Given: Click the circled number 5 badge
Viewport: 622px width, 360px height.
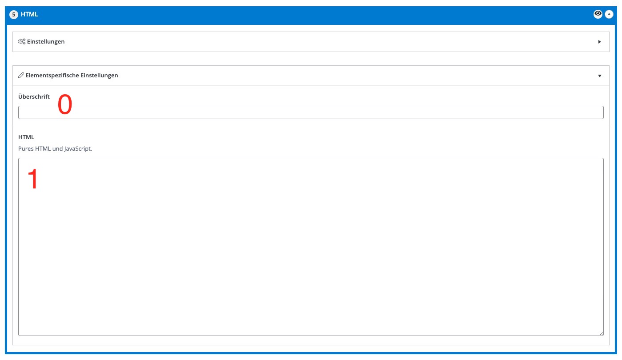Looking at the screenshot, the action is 14,14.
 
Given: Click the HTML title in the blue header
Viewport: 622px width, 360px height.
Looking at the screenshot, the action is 29,14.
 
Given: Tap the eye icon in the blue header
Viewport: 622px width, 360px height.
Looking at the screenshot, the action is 598,14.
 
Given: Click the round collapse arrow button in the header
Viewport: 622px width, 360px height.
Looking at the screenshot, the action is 609,14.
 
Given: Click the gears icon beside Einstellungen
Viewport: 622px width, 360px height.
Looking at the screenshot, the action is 22,42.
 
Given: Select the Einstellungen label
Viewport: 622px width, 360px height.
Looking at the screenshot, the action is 46,42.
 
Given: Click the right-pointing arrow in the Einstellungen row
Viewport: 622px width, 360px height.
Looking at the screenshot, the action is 599,42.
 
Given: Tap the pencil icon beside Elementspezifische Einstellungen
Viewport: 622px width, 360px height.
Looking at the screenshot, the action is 21,75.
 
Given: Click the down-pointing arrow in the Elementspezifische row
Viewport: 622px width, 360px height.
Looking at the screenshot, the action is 599,76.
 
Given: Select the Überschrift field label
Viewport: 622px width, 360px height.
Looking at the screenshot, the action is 34,96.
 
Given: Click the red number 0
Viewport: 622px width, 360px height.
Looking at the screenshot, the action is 65,104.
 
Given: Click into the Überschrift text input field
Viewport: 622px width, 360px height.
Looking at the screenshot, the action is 311,112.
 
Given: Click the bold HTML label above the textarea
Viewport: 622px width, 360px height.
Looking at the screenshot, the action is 26,137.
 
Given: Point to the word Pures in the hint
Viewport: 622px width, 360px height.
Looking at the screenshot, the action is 26,148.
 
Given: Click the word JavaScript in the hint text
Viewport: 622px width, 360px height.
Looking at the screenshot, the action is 78,149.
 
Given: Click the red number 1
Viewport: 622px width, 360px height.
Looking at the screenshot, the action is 33,179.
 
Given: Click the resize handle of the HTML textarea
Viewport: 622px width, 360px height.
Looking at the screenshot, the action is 601,333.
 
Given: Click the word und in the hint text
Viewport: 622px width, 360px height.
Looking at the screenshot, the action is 57,148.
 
